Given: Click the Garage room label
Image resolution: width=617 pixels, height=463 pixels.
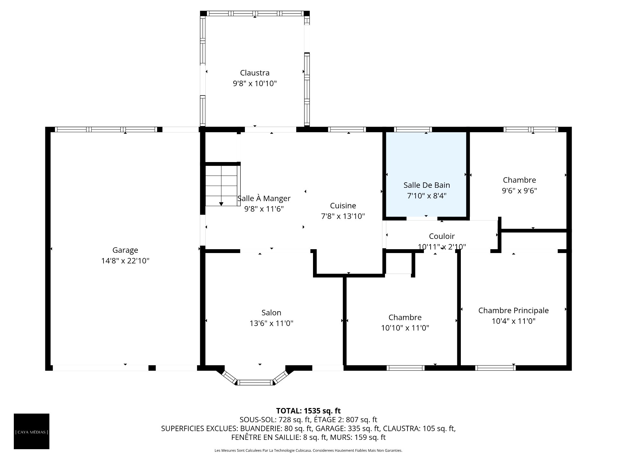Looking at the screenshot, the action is tap(125, 250).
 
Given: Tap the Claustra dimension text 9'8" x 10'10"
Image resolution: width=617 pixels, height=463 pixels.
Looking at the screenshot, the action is tap(255, 84).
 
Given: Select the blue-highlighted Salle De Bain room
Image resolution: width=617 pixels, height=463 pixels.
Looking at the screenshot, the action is tap(426, 174).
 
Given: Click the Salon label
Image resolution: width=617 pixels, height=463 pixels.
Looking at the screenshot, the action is tap(271, 313).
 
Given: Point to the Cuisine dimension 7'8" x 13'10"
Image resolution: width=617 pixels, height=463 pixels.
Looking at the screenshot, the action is tap(343, 216).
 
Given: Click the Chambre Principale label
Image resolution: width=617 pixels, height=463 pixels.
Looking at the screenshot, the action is tap(514, 311).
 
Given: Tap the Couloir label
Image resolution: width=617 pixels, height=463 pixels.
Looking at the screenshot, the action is tap(442, 236).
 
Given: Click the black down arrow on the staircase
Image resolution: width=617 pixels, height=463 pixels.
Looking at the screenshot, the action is tap(221, 204).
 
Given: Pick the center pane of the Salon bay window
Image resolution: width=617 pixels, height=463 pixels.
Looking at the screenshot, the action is tap(255, 382).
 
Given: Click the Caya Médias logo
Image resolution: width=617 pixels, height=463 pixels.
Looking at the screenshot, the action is tap(31, 431).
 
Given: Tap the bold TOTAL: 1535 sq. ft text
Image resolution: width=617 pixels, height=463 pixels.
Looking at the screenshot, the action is tap(308, 411).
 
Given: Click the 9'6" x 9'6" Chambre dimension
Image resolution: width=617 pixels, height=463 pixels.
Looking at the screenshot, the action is tap(519, 191).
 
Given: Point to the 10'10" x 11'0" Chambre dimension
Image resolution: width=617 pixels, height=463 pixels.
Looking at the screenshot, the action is tap(405, 328).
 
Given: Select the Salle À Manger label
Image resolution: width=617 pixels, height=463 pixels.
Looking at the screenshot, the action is tap(264, 199).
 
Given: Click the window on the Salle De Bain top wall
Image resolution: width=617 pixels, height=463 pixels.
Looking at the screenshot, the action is tap(413, 130).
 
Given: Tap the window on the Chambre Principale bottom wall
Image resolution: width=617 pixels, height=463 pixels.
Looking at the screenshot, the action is tap(495, 368).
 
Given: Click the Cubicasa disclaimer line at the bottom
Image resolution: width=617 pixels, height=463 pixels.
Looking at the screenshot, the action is tap(308, 450).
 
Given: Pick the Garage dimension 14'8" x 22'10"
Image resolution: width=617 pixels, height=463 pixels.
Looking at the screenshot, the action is tap(125, 261).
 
